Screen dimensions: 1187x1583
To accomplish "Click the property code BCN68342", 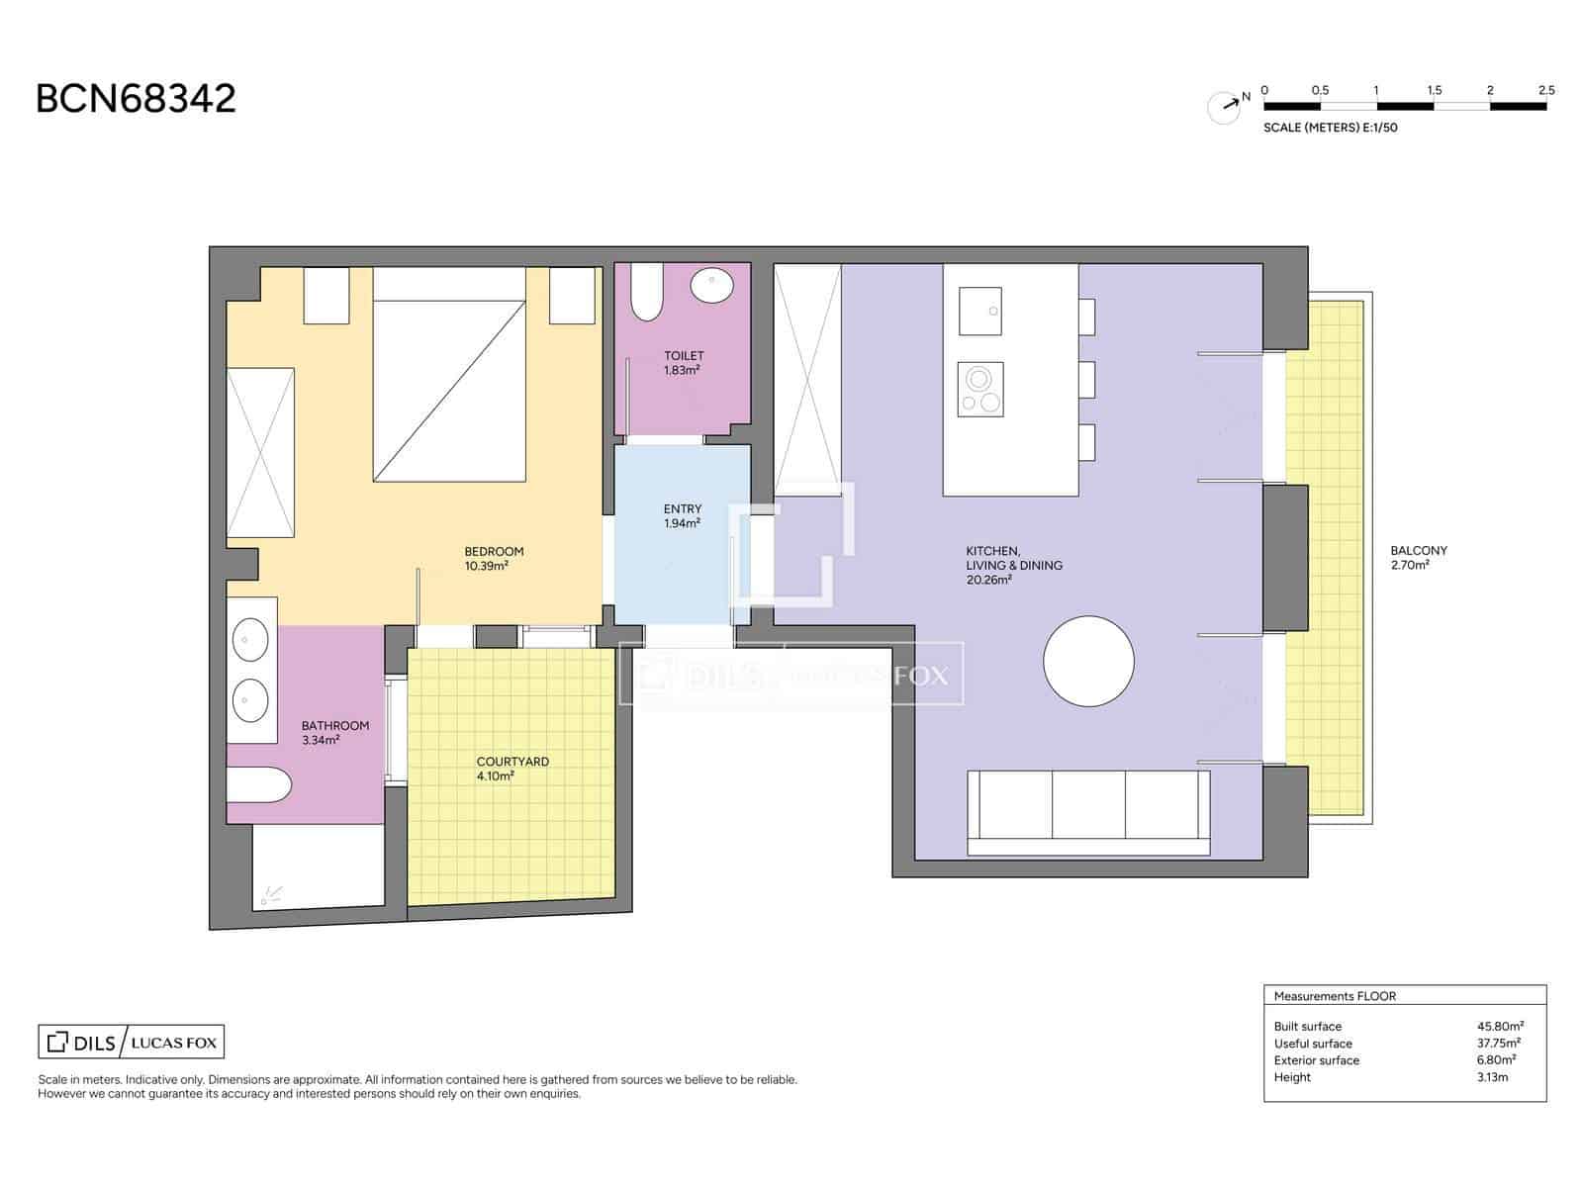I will (136, 99).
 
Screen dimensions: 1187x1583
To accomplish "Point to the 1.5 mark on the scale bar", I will (1434, 91).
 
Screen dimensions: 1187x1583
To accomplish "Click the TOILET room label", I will (684, 362).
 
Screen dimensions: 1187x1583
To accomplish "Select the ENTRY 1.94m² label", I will (683, 515).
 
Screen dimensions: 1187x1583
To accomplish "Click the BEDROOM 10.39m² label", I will (493, 559).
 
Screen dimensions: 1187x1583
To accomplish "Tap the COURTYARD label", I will (512, 769).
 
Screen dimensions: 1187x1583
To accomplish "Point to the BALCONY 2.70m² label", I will (1418, 558).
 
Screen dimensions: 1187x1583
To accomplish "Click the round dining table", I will (1088, 661).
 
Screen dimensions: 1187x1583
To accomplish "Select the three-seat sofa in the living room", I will (1088, 811).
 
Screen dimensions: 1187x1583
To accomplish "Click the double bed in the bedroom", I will (448, 376).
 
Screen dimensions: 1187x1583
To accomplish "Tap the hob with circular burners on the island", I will (980, 389).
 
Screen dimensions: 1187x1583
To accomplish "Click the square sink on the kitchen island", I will (979, 312).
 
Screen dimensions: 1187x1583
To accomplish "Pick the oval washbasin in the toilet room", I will (712, 286).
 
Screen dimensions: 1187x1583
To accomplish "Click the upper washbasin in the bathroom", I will (250, 640).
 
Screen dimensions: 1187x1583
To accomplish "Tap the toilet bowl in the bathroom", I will (258, 786).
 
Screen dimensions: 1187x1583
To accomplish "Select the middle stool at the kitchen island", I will (1087, 380).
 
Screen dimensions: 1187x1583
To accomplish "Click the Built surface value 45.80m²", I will (1500, 1026).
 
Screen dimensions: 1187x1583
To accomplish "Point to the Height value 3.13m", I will (1492, 1077).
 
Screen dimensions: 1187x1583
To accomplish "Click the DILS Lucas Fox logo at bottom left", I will (131, 1042).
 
